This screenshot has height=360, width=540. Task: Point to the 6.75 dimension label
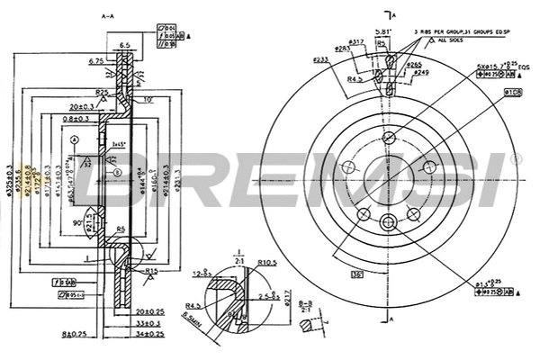[x=97, y=61]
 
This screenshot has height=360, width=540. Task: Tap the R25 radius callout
[x=103, y=92]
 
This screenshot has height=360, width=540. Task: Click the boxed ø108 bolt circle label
[x=514, y=92]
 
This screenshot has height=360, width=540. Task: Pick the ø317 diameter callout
[x=355, y=41]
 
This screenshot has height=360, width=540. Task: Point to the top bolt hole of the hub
[x=389, y=138]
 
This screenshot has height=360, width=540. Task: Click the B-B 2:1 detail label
[x=308, y=309]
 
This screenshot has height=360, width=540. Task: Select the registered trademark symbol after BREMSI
[x=515, y=158]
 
